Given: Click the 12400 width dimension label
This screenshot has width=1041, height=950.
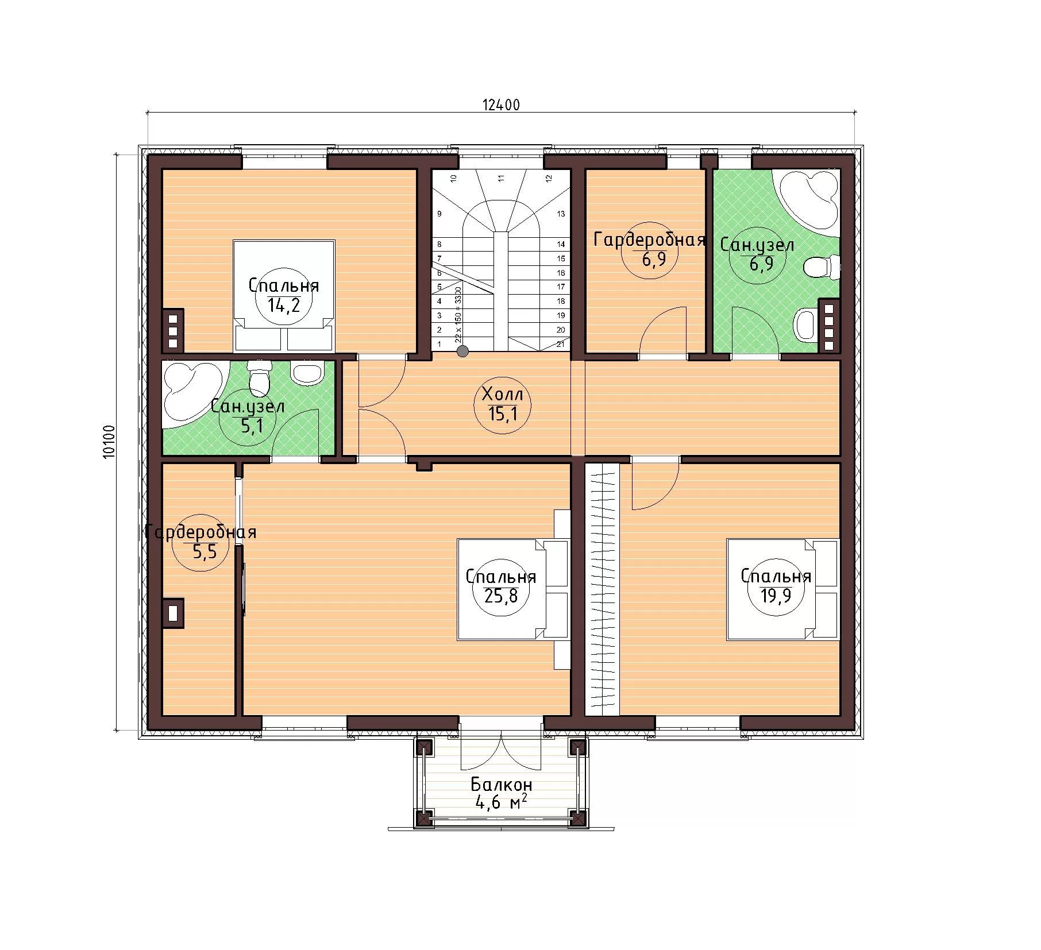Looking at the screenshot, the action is [501, 105].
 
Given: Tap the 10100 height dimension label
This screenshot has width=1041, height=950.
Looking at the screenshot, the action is [109, 441].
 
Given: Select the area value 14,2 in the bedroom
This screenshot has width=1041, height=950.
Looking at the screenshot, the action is [283, 304].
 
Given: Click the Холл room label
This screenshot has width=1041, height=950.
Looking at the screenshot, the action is [503, 394].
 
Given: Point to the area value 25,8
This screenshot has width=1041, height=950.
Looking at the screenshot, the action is [501, 596].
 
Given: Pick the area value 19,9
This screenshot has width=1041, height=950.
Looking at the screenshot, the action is [776, 595].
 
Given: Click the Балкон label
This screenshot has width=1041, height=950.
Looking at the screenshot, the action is [502, 784].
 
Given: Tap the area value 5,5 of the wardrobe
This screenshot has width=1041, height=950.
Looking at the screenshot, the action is [204, 553].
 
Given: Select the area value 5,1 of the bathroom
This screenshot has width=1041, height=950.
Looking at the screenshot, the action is [248, 426].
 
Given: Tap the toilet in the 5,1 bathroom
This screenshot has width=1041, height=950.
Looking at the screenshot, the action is [260, 377].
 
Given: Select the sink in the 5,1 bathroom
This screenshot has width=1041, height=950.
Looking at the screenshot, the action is [307, 372].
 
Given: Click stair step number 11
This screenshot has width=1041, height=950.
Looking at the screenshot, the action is [501, 178].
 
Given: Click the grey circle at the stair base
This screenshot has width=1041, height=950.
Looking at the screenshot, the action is [462, 351].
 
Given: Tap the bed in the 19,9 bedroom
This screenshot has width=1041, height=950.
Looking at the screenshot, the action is [782, 589].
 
